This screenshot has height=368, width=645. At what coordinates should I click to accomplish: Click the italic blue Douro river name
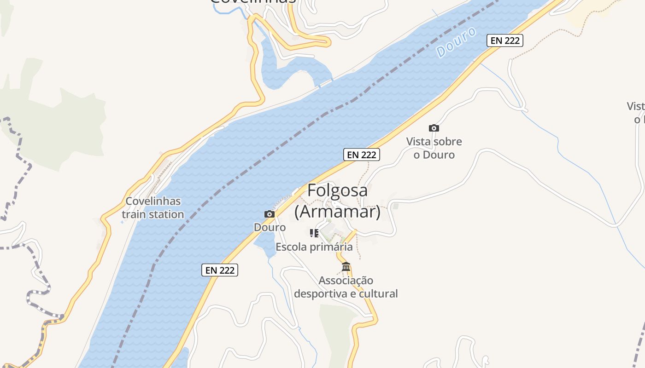[x=456, y=42]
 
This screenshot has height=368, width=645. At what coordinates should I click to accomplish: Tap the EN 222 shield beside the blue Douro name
[x=504, y=40]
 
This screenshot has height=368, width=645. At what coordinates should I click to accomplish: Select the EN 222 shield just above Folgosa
[x=362, y=155]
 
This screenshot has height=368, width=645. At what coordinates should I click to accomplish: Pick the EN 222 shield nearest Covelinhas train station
[x=220, y=270]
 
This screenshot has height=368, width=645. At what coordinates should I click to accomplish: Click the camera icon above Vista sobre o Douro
[x=434, y=128]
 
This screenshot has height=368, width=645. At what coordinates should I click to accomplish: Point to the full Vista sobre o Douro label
[x=434, y=148]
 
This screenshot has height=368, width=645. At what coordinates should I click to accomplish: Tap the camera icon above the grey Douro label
[x=270, y=214]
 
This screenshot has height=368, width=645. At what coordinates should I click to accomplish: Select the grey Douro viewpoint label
[x=270, y=227]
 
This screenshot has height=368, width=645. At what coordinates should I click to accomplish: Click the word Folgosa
[x=337, y=190]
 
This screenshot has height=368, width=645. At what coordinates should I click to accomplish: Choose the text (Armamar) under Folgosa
[x=337, y=212]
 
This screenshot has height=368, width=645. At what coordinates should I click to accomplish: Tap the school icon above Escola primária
[x=314, y=233]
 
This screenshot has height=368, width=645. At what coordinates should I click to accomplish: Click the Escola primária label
[x=314, y=247]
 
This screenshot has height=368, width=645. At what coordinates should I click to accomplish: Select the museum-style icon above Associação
[x=346, y=267]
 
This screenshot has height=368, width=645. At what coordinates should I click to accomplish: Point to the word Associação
[x=346, y=280]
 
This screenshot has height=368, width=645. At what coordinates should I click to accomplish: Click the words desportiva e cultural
[x=346, y=293]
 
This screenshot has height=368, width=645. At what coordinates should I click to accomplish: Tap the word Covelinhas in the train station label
[x=153, y=201]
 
